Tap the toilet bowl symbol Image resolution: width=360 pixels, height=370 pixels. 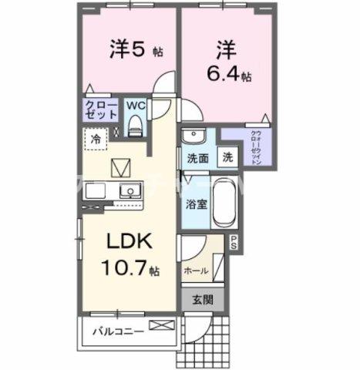[136, 124]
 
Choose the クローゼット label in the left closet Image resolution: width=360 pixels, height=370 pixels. [100, 109]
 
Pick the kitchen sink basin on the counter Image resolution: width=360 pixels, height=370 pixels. [129, 190]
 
